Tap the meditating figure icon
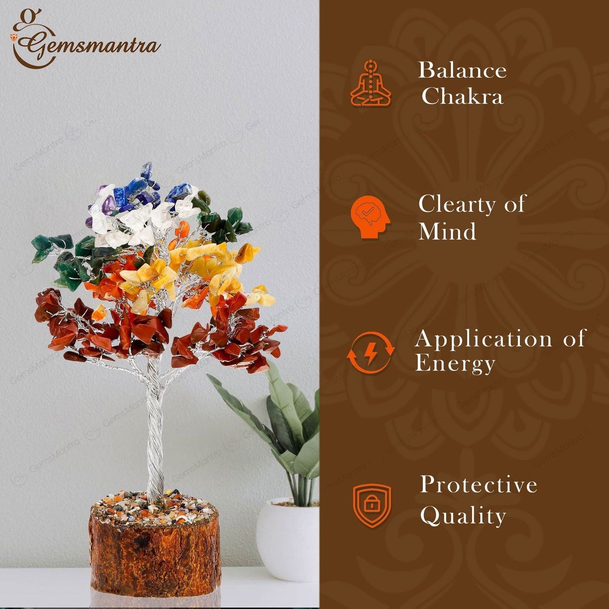(x=370, y=83)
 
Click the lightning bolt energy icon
(x=370, y=352)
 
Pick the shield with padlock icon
(x=372, y=505)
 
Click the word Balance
(x=462, y=70)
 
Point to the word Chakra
(x=462, y=97)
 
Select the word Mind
(x=447, y=231)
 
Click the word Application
(x=483, y=338)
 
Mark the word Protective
(x=478, y=485)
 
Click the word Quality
(x=463, y=515)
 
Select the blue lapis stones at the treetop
(x=139, y=190)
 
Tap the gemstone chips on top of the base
(x=155, y=504)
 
